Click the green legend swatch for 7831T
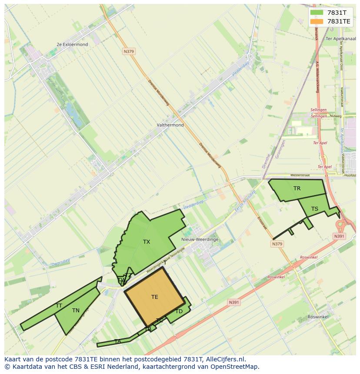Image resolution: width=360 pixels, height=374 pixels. pyautogui.click(x=317, y=13)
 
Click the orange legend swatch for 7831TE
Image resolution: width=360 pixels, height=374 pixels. pyautogui.click(x=317, y=21)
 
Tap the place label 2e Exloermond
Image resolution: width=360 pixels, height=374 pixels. pyautogui.click(x=72, y=44)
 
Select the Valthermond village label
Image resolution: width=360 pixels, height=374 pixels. pyautogui.click(x=170, y=125)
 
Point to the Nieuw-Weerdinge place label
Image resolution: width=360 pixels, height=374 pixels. pyautogui.click(x=200, y=239)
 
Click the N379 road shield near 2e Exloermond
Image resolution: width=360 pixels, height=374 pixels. pyautogui.click(x=129, y=51)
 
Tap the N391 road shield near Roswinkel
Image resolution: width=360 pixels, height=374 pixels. pyautogui.click(x=233, y=302)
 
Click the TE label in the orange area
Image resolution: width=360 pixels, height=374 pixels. pyautogui.click(x=154, y=297)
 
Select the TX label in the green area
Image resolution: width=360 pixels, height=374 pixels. pyautogui.click(x=147, y=242)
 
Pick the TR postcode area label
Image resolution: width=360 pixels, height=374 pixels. pyautogui.click(x=297, y=189)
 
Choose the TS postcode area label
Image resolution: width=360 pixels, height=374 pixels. pyautogui.click(x=314, y=209)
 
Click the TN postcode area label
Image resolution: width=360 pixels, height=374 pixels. pyautogui.click(x=76, y=311)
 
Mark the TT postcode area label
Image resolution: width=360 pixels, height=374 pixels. pyautogui.click(x=59, y=306)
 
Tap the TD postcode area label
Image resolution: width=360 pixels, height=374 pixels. pyautogui.click(x=179, y=311)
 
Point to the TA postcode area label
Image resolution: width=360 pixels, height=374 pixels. pyautogui.click(x=117, y=341)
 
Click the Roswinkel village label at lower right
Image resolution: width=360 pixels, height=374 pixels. pyautogui.click(x=317, y=317)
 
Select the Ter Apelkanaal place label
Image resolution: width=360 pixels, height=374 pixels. pyautogui.click(x=338, y=38)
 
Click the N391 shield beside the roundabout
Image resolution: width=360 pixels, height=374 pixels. pyautogui.click(x=339, y=236)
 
